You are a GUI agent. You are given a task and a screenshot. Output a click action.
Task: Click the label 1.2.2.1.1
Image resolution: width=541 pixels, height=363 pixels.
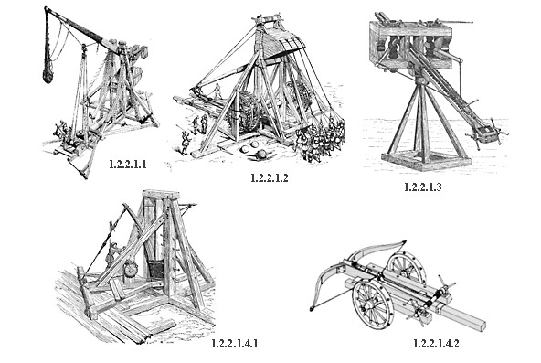point(128,165)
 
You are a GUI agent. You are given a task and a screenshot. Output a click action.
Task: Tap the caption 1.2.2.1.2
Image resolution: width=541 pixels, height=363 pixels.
point(269,178)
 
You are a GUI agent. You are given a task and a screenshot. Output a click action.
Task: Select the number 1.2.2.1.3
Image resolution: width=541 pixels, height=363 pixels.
point(422,187)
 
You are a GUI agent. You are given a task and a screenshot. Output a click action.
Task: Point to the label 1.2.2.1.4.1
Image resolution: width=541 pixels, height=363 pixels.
point(235,343)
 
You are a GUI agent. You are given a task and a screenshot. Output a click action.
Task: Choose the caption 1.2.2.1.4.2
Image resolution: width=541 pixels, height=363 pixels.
point(436,343)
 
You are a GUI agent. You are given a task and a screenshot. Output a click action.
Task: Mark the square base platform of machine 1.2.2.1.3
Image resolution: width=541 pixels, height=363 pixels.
point(426,161)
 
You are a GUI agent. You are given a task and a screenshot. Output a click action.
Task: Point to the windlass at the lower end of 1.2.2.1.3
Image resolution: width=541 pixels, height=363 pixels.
point(487,133)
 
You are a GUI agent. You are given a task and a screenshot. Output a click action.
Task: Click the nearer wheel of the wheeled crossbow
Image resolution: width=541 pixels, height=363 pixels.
point(373,304)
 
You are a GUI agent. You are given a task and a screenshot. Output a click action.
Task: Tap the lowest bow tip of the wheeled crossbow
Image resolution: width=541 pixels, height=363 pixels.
point(312,308)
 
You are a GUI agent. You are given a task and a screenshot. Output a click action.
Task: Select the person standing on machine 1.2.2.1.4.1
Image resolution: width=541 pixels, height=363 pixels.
point(112,253)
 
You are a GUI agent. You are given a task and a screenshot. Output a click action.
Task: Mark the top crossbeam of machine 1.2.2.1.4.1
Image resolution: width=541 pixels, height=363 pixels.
point(162,194)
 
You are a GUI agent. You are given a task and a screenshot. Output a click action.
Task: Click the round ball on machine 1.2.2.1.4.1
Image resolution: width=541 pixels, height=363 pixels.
point(131,269)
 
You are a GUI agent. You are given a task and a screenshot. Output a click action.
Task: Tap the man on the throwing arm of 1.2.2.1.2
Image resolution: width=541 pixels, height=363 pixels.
point(217,91)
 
